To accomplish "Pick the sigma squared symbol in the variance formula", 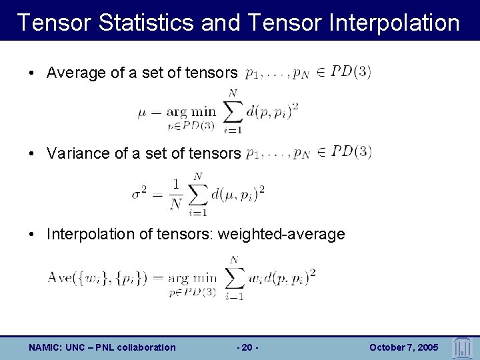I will coord(139,193).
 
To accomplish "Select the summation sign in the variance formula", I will coord(198,192).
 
